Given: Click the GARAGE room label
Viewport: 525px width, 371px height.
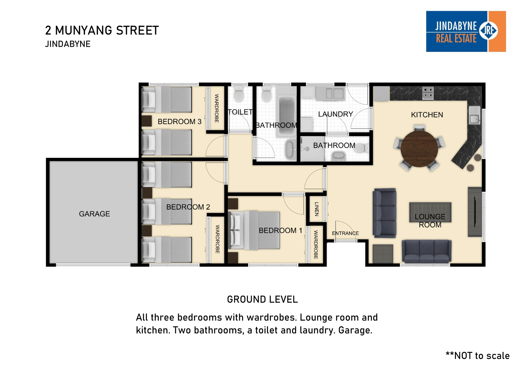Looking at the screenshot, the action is [x=94, y=214].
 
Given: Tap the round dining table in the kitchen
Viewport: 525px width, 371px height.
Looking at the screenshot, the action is [x=419, y=149].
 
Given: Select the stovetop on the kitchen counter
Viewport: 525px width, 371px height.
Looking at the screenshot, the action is [x=428, y=93].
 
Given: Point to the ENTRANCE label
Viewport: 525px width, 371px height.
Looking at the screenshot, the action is [x=345, y=233].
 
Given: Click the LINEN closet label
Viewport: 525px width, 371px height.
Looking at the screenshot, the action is [x=317, y=209].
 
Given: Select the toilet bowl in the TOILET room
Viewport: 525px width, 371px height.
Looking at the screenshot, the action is [x=239, y=94].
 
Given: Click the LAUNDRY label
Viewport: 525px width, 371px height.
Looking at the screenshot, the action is [x=336, y=114].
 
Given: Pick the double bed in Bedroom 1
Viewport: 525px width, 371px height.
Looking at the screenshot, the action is [x=254, y=230].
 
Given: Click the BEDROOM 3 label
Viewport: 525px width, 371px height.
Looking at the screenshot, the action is [x=179, y=122].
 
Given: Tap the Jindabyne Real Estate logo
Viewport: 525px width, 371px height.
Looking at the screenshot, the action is [x=466, y=31].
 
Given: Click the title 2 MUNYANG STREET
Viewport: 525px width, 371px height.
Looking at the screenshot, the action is [x=102, y=30].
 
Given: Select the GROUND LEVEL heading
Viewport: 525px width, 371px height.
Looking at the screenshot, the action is [x=262, y=299].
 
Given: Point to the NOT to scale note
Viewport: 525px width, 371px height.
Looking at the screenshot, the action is [x=478, y=356].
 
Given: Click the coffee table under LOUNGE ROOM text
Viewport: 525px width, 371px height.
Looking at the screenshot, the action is [x=430, y=212].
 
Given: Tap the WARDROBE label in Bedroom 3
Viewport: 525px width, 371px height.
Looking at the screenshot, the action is [x=217, y=108].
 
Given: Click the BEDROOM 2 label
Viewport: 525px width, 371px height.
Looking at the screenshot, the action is [x=188, y=207].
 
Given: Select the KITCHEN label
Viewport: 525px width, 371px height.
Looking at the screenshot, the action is [x=427, y=115].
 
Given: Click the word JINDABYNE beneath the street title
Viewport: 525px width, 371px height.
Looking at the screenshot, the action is [x=68, y=44].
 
